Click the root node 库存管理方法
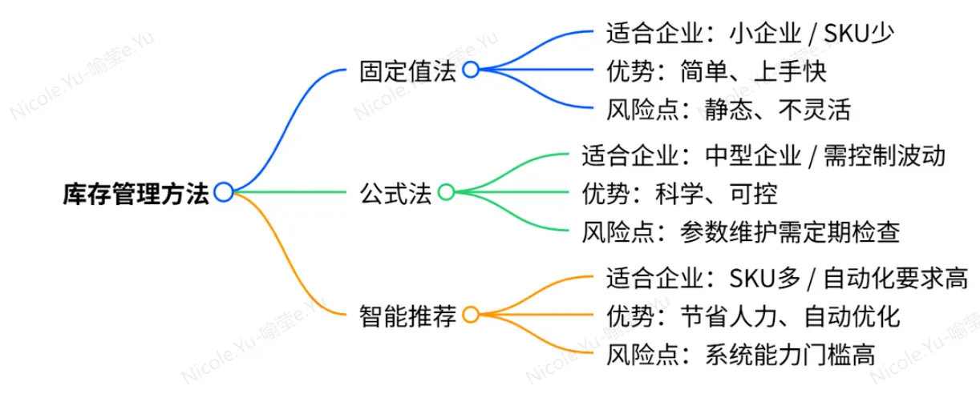click(x=136, y=193)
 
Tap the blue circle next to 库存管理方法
click(x=224, y=192)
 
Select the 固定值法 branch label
click(x=407, y=70)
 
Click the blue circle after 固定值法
click(x=471, y=70)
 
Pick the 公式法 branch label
click(x=396, y=193)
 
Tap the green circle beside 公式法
click(x=446, y=192)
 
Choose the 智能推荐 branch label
click(x=407, y=316)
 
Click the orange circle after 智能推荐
click(x=471, y=315)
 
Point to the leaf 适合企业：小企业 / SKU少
click(x=751, y=34)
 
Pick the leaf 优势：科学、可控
click(x=679, y=193)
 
